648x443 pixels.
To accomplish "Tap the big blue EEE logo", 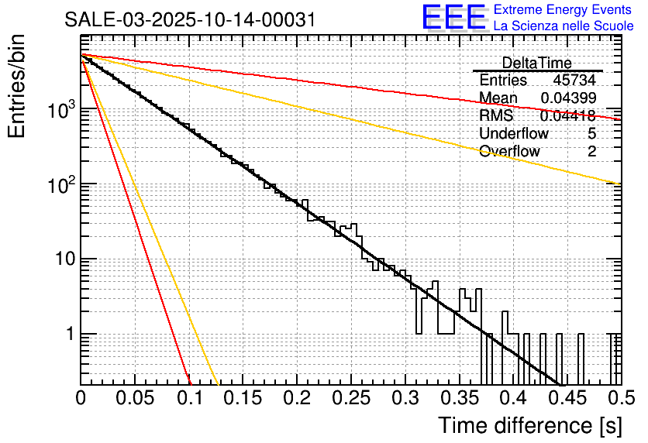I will click(x=453, y=18).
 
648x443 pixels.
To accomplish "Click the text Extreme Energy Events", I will click(x=562, y=10).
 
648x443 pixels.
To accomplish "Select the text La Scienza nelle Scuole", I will click(x=564, y=26).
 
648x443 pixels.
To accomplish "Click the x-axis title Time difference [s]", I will click(x=529, y=425).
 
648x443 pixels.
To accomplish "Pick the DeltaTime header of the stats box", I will click(x=536, y=63).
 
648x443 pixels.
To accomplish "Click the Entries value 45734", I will click(x=574, y=81).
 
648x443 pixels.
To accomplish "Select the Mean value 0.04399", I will click(x=568, y=98).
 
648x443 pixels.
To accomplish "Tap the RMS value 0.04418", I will click(x=568, y=116).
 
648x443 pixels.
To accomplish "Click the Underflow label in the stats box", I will click(x=513, y=133).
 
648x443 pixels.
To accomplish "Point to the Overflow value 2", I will click(x=591, y=151).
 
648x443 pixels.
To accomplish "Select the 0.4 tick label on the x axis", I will click(x=512, y=399).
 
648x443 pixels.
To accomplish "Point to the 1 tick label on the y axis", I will click(x=67, y=335).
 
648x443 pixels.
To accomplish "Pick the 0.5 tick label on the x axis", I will click(x=619, y=399).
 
